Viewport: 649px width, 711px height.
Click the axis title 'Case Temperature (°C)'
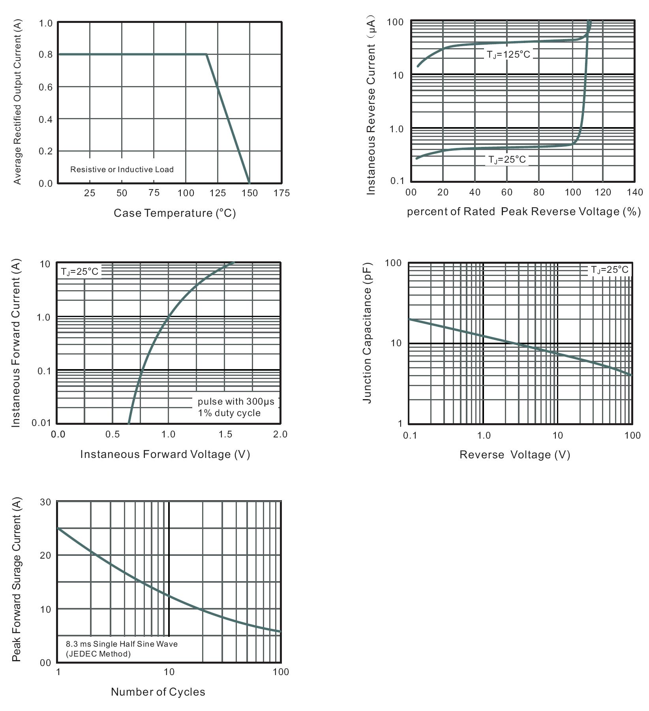pos(174,213)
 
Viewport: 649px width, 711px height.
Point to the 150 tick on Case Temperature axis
pos(249,193)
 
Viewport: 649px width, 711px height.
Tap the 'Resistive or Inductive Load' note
pos(122,169)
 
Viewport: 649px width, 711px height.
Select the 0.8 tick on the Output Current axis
pos(46,54)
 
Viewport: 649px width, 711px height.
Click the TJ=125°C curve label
pos(508,54)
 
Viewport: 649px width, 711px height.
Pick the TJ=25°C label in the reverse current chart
pos(507,159)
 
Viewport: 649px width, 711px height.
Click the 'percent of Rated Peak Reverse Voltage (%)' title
pos(523,212)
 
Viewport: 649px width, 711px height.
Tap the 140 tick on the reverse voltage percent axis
pos(634,192)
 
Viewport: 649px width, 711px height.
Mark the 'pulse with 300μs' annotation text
pos(236,402)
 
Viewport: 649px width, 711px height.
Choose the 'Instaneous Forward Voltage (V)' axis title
pos(165,454)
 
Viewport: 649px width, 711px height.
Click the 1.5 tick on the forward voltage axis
pos(225,435)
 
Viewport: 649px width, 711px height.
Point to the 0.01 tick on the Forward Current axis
pos(41,423)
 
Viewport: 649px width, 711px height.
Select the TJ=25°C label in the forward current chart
pos(79,272)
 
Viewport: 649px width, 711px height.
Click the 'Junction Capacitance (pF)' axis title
pos(367,333)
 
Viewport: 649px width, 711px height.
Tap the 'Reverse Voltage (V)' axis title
pos(515,455)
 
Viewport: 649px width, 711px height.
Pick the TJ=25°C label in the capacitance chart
pos(609,270)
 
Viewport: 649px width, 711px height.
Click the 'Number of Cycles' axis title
pos(158,692)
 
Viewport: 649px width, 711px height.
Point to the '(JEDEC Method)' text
pos(98,654)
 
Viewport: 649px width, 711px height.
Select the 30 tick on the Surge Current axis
pos(46,502)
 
